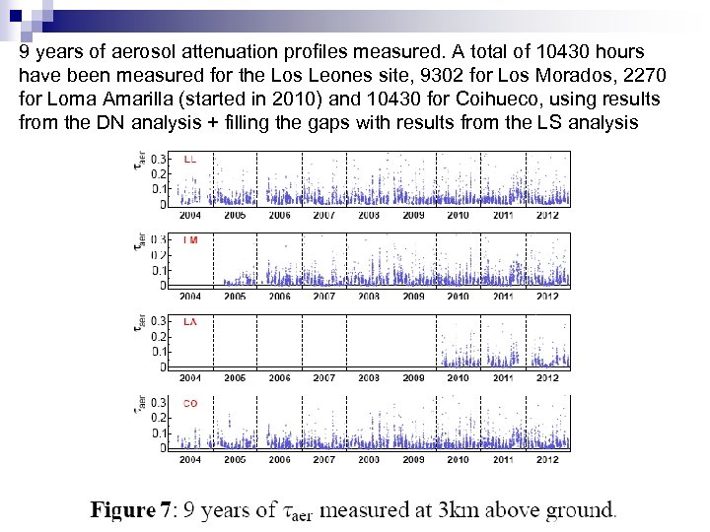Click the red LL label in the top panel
coord(189,159)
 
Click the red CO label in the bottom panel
coord(189,403)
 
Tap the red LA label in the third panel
coord(189,321)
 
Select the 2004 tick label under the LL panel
coord(189,215)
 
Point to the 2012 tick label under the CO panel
coord(547,459)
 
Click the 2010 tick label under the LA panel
coord(459,377)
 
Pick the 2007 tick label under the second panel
coord(324,296)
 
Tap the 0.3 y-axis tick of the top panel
coord(159,158)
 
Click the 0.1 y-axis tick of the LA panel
coord(159,352)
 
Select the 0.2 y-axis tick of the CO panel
coord(159,418)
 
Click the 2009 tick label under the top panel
coord(413,215)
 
